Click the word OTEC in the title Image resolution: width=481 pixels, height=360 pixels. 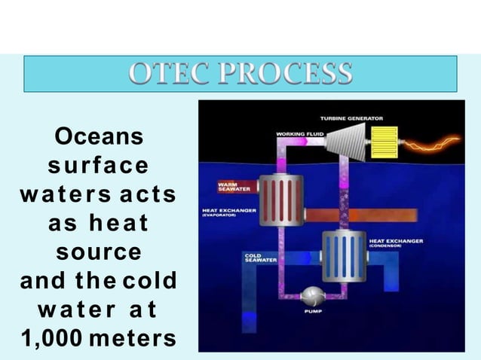click(x=167, y=74)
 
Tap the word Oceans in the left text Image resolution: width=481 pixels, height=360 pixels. click(x=98, y=138)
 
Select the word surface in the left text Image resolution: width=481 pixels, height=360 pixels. click(x=98, y=166)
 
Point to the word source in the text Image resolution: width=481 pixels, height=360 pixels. click(x=98, y=251)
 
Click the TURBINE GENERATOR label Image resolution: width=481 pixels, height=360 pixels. click(x=351, y=118)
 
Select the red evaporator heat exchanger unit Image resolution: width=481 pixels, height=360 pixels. click(x=280, y=199)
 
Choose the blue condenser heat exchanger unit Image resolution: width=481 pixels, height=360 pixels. click(x=344, y=256)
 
